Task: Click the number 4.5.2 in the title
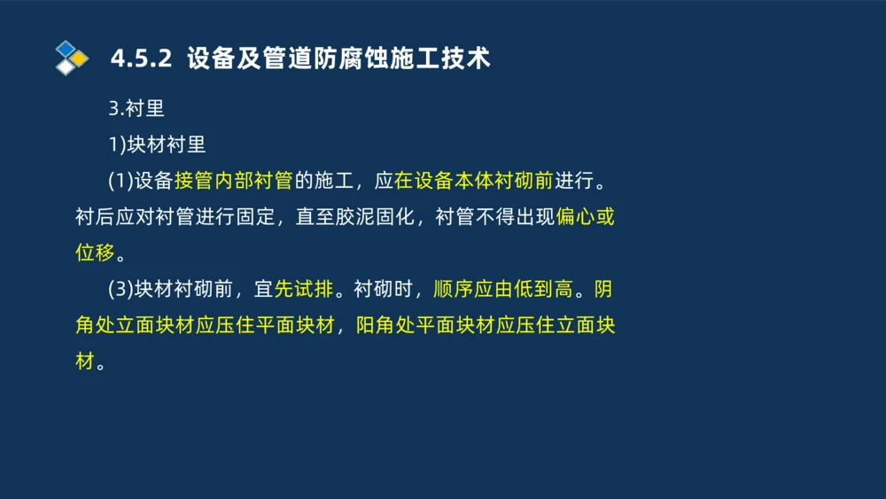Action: click(140, 59)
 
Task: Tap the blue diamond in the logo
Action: click(65, 48)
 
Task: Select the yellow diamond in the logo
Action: click(79, 58)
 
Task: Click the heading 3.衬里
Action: click(136, 108)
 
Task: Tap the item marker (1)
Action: click(120, 181)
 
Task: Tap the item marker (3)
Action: click(120, 289)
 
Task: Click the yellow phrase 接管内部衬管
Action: click(233, 181)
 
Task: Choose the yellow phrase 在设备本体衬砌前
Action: click(474, 181)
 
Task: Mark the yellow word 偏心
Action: click(576, 217)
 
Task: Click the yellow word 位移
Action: click(95, 253)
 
